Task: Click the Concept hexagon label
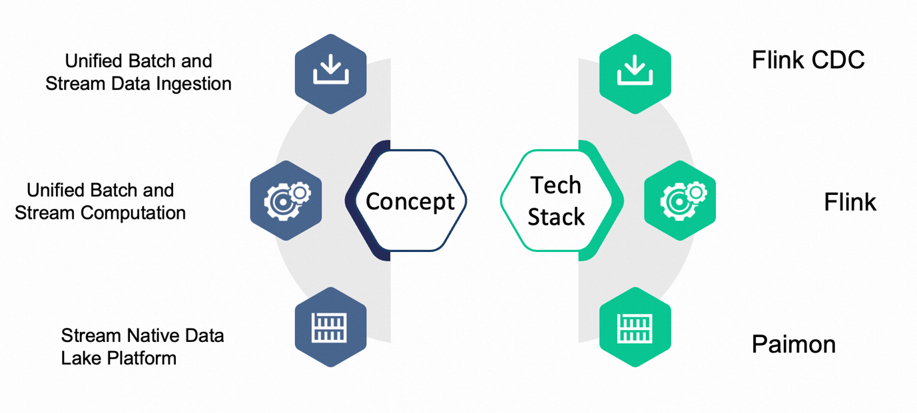410,201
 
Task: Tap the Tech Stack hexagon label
556,201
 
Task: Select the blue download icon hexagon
331,74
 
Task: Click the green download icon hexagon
635,74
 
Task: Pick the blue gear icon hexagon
286,200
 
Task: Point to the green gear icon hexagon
680,200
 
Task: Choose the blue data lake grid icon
331,327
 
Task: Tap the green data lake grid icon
635,327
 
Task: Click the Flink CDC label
808,61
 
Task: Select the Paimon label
793,344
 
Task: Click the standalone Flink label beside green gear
850,202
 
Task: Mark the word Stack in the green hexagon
556,217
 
